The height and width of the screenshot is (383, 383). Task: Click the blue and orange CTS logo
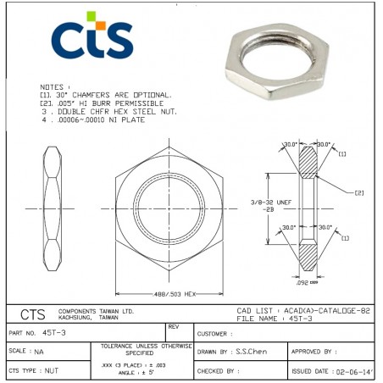[92, 39]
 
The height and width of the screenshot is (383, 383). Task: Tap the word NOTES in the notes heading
[53, 87]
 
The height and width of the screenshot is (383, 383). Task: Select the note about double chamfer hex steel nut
[108, 111]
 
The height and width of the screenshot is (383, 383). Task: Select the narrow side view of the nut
[53, 207]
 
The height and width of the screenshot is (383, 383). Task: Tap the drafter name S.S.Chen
[253, 350]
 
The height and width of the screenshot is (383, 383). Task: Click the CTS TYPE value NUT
[51, 370]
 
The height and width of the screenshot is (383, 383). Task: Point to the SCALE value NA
[39, 350]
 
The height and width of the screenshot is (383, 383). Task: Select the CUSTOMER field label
[214, 333]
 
